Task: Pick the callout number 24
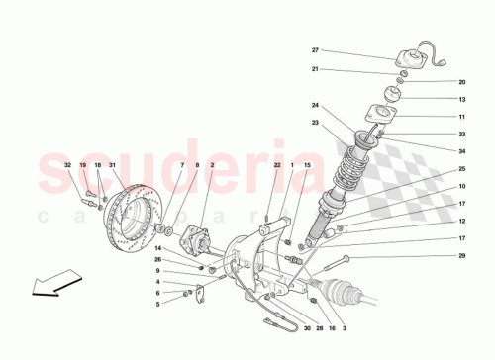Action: (x=316, y=106)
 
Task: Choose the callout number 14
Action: (x=157, y=249)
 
